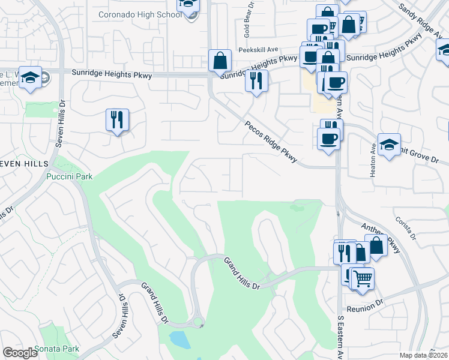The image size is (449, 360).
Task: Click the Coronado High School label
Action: click(140, 14)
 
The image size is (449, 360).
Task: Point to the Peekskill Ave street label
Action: click(258, 50)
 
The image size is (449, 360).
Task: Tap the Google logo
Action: click(20, 353)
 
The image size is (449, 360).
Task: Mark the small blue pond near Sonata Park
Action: click(179, 340)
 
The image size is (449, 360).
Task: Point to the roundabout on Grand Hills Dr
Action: click(196, 323)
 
